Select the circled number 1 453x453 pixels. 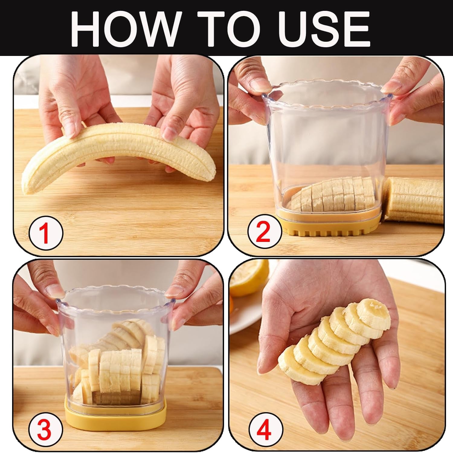click(x=46, y=233)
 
